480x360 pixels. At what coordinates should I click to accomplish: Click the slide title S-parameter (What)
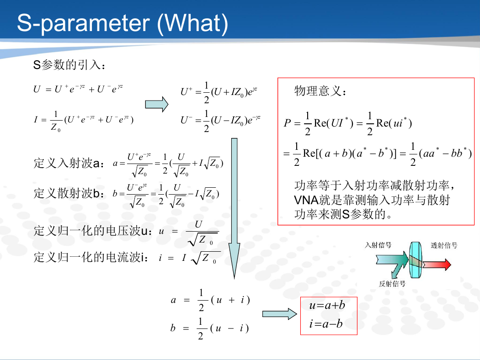[123, 24]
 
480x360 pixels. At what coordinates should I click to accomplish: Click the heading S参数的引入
[69, 65]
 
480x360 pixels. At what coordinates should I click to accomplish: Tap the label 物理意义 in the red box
[320, 91]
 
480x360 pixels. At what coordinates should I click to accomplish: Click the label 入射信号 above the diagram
[378, 245]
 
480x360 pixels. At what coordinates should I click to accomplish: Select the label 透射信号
[444, 245]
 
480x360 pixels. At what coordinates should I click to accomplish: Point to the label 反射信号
[392, 284]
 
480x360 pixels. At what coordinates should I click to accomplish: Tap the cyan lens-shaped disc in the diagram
[416, 260]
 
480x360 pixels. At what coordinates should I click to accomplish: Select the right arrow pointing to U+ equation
[156, 104]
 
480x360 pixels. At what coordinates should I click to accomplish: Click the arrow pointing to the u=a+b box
[279, 314]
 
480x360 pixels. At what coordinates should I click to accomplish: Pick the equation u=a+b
[327, 305]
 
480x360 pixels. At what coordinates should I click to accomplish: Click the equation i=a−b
[325, 323]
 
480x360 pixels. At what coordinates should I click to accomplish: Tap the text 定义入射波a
[69, 164]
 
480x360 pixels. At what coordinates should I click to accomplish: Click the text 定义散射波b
[69, 193]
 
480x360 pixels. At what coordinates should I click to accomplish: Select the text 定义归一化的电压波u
[93, 231]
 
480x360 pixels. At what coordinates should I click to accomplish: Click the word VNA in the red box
[306, 200]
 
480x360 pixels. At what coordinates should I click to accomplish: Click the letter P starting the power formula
[287, 123]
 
